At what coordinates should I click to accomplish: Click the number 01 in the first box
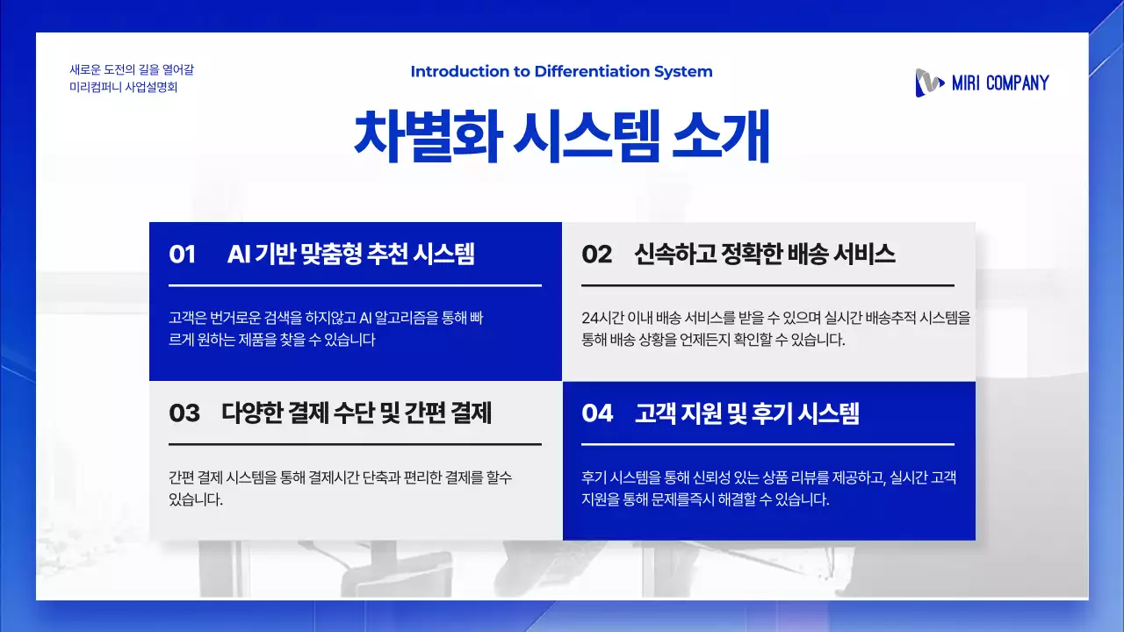coord(182,255)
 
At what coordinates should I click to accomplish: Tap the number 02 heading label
coord(596,255)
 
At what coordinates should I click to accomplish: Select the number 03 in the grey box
coord(184,413)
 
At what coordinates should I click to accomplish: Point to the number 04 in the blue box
coord(597,413)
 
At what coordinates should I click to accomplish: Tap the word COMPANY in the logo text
coord(1017,83)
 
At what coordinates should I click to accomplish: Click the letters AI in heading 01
coord(239,255)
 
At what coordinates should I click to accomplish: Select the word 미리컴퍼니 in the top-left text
coord(95,88)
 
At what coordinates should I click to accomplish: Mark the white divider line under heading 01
coord(355,285)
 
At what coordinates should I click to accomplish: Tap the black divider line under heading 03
coord(355,444)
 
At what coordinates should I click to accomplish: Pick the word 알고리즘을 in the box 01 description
coord(417,318)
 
